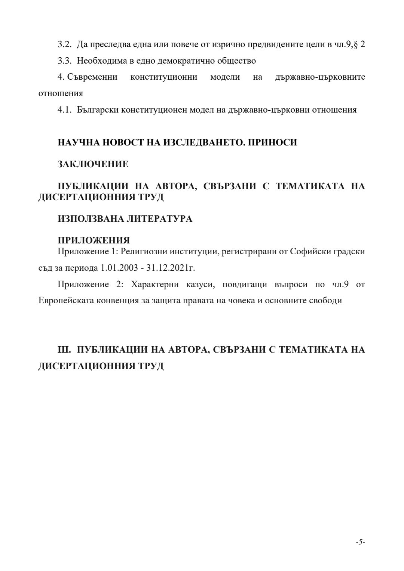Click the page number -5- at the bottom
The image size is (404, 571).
(x=360, y=542)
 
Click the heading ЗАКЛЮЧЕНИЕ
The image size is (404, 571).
(x=93, y=164)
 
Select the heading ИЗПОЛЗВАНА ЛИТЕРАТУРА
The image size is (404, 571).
(x=125, y=219)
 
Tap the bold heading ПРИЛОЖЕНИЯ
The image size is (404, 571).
(x=94, y=240)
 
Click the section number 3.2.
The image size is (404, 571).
(x=64, y=44)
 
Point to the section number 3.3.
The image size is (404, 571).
(x=64, y=61)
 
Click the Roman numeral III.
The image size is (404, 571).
(x=64, y=350)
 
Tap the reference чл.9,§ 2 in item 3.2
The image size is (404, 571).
(x=349, y=44)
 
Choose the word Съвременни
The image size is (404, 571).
(x=92, y=77)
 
